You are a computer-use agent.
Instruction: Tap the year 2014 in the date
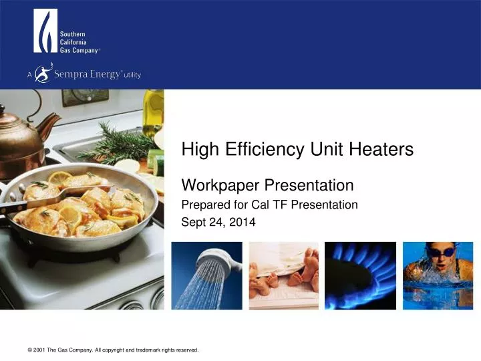(243, 223)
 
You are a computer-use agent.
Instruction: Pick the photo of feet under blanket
(283, 274)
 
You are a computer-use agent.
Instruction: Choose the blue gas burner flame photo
(360, 274)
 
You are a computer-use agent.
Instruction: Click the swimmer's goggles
(441, 252)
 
